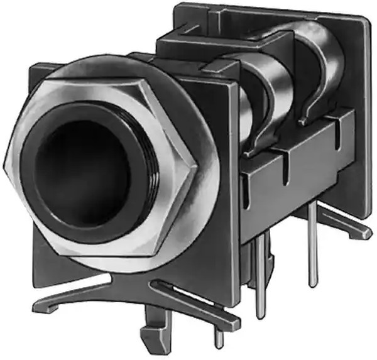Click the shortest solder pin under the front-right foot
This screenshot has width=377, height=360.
(x=218, y=339)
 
